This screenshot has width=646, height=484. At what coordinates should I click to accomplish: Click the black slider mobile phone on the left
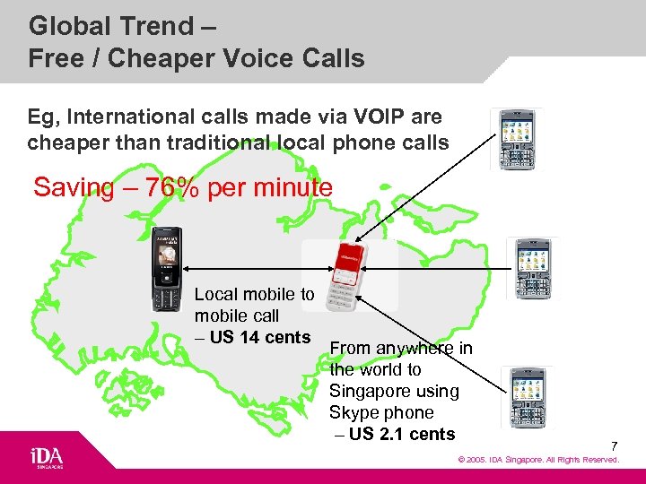coord(166,267)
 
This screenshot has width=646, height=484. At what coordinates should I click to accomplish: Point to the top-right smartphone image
coord(516,139)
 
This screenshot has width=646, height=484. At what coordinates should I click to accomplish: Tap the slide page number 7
coord(615,445)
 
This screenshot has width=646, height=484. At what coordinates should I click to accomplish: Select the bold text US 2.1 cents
coord(402,435)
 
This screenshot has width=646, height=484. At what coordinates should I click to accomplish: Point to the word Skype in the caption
coord(354,413)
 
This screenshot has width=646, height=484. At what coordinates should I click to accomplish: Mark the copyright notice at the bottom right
coord(538,460)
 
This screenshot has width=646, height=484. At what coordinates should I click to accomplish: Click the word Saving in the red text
coord(71,188)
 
